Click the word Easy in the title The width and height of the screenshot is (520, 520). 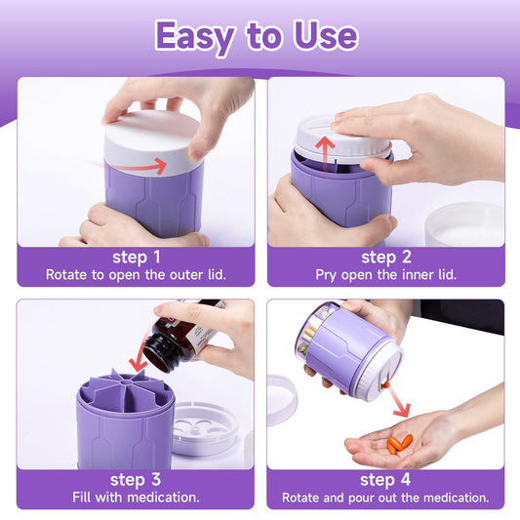pos(195,37)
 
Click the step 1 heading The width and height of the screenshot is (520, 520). pos(137,257)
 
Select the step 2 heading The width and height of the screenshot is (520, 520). pos(386,257)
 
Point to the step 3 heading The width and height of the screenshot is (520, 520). pos(136,480)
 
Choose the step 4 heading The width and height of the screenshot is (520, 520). pos(385,480)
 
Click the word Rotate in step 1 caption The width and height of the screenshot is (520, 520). pos(66,274)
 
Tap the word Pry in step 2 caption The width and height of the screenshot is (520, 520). pos(326,275)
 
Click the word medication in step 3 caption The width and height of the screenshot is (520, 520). pos(163,498)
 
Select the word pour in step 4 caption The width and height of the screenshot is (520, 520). pos(361,498)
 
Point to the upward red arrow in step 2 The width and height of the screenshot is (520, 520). pos(325,156)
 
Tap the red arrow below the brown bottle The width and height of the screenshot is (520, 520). pos(139,356)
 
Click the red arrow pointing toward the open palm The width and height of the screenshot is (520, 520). pos(399,402)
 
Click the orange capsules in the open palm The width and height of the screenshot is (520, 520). pos(400,444)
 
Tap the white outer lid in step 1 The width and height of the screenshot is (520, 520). pos(153,143)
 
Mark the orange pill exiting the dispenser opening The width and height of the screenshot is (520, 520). pos(385,385)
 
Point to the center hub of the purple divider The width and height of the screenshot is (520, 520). pos(126,383)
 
